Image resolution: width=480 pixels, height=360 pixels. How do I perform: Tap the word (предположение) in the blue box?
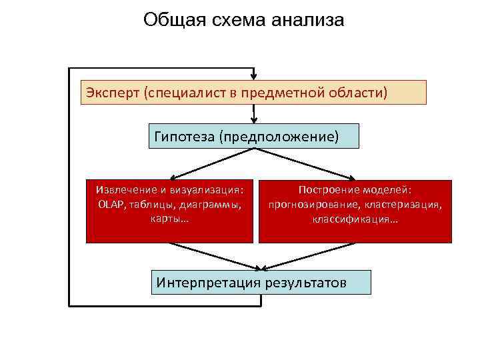pos(281,137)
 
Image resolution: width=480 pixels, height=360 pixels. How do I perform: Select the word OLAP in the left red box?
pos(110,204)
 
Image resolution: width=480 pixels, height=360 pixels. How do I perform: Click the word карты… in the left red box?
pos(170,219)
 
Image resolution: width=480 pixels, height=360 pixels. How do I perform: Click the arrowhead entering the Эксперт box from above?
pos(253,76)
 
